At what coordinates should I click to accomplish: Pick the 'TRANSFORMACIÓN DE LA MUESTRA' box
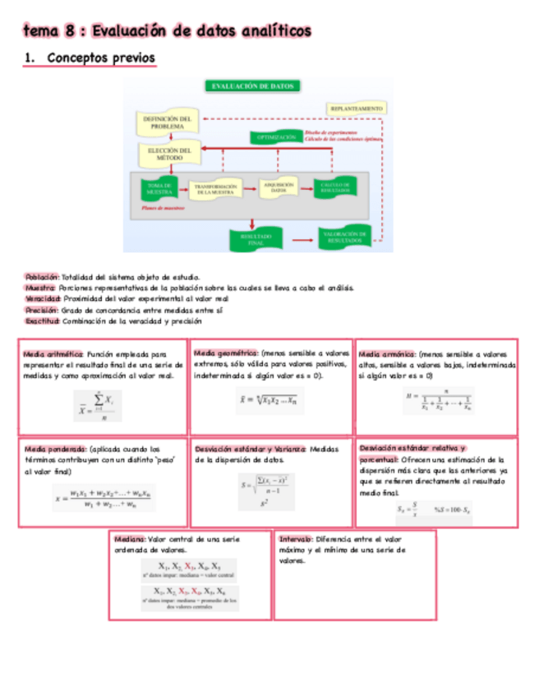(x=216, y=189)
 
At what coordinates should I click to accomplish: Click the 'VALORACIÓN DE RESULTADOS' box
(x=344, y=239)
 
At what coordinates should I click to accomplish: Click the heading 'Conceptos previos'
(x=100, y=59)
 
